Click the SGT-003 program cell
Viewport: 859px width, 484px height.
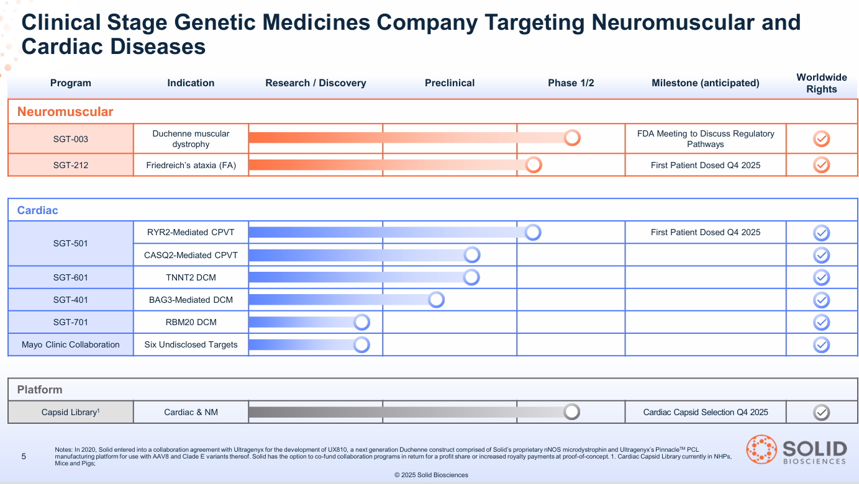click(71, 139)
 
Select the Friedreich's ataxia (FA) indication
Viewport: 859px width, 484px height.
click(191, 165)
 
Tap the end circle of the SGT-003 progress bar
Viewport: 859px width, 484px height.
click(572, 138)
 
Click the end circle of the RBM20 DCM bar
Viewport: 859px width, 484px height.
click(361, 322)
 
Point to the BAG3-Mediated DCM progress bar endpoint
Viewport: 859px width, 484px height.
click(436, 300)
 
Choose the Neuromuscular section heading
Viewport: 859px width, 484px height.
click(65, 112)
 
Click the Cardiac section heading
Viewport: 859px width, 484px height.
click(38, 210)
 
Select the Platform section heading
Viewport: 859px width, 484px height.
click(40, 390)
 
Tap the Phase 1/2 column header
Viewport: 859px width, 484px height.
click(571, 83)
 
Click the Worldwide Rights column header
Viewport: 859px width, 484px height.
click(821, 83)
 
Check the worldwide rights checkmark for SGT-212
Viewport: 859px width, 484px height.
click(822, 165)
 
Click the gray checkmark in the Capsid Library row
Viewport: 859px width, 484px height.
click(822, 412)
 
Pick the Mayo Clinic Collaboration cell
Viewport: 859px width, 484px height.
click(71, 344)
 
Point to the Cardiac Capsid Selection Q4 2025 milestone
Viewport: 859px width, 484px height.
click(706, 412)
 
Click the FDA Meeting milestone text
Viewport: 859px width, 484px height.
click(706, 139)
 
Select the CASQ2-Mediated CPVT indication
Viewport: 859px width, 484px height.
click(191, 255)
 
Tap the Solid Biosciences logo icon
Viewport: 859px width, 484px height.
click(761, 450)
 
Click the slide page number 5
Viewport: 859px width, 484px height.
click(24, 457)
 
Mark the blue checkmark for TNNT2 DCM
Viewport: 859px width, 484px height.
click(822, 277)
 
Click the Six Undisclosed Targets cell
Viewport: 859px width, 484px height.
click(191, 344)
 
